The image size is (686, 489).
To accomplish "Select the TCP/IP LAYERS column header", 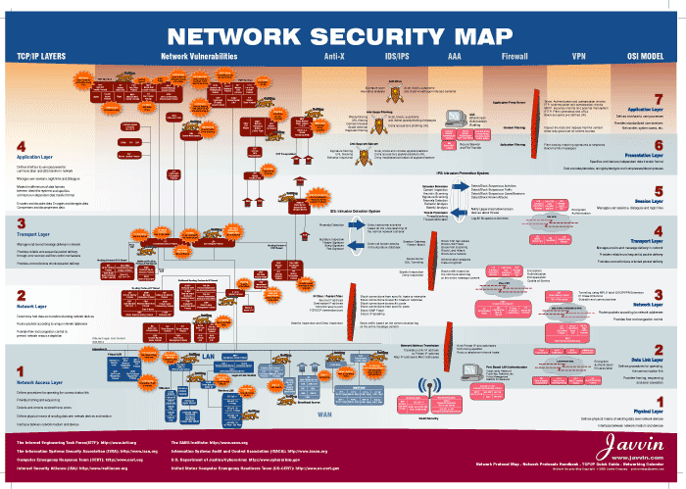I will pos(41,56).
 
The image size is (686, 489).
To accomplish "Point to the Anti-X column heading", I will pos(333,56).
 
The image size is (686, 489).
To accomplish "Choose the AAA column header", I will pos(455,56).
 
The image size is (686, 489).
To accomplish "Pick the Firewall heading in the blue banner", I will pos(514,56).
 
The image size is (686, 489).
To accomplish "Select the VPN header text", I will pos(579,56).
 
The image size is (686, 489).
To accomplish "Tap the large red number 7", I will pos(659,99).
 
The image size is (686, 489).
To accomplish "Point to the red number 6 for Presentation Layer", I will pos(659,145).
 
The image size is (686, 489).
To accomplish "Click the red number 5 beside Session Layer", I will pos(659,191).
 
